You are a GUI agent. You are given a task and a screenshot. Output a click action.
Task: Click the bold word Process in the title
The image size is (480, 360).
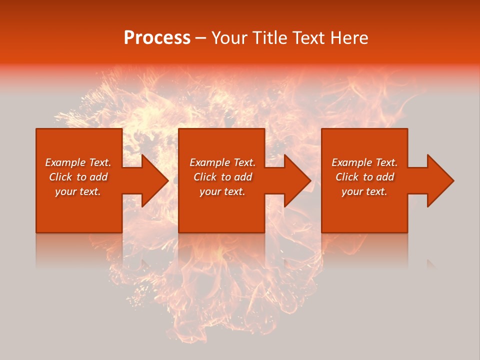click(x=157, y=38)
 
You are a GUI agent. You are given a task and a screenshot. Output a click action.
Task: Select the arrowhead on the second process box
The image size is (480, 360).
click(x=297, y=180)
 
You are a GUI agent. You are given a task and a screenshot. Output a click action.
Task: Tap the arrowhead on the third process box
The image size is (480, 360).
click(x=440, y=180)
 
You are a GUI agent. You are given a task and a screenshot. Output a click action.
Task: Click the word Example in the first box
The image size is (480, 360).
click(x=65, y=162)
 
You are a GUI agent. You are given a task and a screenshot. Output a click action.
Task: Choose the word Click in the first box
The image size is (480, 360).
click(x=61, y=177)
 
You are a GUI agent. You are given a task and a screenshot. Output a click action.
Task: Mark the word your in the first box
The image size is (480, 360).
click(x=65, y=192)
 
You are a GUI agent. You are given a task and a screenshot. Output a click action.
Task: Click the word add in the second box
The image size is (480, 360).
click(x=242, y=177)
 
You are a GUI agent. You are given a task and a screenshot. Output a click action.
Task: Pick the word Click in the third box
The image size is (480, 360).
click(x=347, y=177)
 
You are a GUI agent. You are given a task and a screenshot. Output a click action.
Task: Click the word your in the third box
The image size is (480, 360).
click(x=352, y=192)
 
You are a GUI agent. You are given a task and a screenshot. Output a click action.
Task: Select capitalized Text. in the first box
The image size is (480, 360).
click(x=99, y=162)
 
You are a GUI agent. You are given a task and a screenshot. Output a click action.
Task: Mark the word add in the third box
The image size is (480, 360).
click(x=384, y=177)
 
